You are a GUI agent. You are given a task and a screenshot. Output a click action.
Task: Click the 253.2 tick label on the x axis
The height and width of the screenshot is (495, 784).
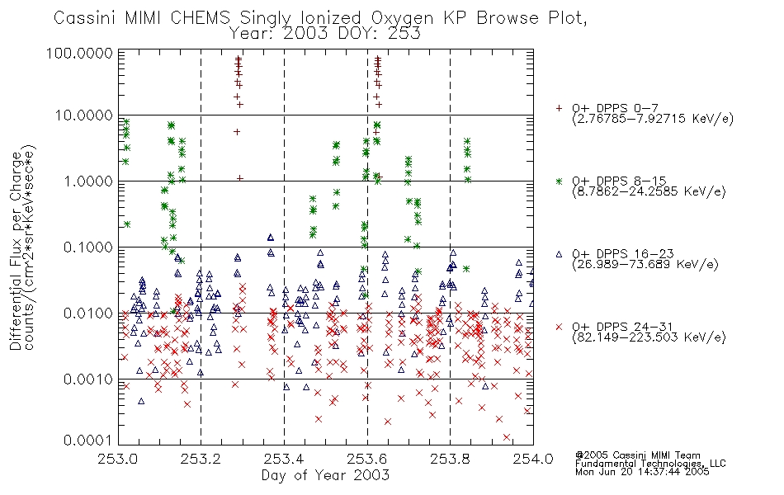tap(201, 459)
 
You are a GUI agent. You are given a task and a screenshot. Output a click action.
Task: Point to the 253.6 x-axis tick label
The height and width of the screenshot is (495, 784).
tap(367, 459)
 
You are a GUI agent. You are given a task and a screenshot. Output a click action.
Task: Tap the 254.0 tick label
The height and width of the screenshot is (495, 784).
tap(533, 459)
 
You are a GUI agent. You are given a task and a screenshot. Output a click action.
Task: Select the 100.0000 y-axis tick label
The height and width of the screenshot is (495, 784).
tap(79, 54)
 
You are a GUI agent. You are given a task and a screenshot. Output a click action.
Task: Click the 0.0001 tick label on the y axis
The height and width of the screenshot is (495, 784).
tap(88, 440)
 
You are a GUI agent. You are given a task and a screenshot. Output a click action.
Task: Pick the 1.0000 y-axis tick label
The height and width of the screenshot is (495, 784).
tap(88, 181)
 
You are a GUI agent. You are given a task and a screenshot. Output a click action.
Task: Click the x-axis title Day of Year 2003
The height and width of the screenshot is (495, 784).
tap(325, 475)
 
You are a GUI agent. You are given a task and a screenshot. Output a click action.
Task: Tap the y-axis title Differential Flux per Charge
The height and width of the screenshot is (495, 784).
tap(17, 251)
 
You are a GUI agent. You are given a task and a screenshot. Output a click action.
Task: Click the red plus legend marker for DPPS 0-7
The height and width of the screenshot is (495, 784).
tap(560, 107)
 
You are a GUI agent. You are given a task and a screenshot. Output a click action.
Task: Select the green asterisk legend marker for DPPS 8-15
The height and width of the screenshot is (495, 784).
tap(560, 181)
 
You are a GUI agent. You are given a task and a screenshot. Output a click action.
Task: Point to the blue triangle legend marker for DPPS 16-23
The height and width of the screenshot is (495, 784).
tap(560, 254)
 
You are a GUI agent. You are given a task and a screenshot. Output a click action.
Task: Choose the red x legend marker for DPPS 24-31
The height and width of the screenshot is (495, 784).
tap(560, 327)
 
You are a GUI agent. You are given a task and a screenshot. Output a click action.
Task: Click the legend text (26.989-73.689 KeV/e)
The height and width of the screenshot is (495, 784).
tap(645, 264)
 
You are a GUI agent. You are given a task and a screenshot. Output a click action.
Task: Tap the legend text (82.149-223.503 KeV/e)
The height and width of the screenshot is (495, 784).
tap(649, 337)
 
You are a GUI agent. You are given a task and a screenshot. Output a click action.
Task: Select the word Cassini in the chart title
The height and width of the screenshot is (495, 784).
tap(86, 18)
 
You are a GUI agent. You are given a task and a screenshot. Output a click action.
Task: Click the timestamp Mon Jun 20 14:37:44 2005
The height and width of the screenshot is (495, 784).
tap(642, 472)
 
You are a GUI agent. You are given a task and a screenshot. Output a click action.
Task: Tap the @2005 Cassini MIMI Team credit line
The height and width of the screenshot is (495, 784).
tap(637, 455)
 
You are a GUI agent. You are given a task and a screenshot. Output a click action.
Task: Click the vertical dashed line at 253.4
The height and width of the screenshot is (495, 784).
tap(284, 247)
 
